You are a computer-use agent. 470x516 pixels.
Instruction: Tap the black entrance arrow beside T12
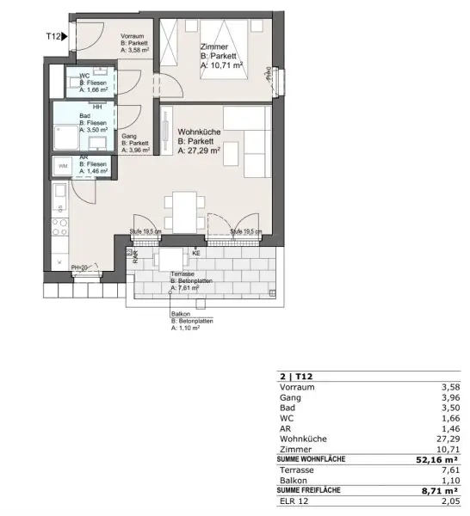coord(65,36)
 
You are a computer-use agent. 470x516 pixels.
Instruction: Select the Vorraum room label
coord(133,35)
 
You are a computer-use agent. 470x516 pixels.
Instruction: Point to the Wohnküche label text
coord(199,132)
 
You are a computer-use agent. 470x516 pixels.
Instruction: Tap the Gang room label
coord(128,136)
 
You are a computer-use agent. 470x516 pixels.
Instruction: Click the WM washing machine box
coord(63,164)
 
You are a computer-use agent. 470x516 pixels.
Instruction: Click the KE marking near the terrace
coord(195,254)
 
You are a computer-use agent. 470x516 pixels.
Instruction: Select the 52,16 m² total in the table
coord(436,460)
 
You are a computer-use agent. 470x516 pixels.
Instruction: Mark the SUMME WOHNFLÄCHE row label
coord(311,460)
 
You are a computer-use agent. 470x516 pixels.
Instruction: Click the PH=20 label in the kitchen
coord(80,267)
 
